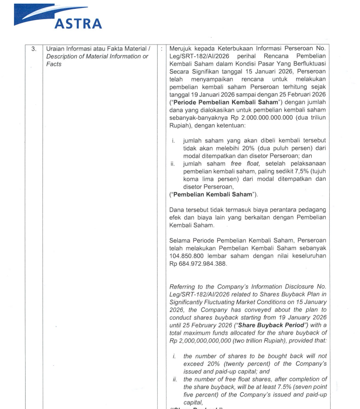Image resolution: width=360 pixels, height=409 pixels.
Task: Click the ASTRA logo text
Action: point(78,23)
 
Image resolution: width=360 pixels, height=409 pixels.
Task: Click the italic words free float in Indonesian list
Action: point(242,164)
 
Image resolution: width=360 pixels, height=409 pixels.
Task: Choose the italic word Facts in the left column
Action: point(54,64)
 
